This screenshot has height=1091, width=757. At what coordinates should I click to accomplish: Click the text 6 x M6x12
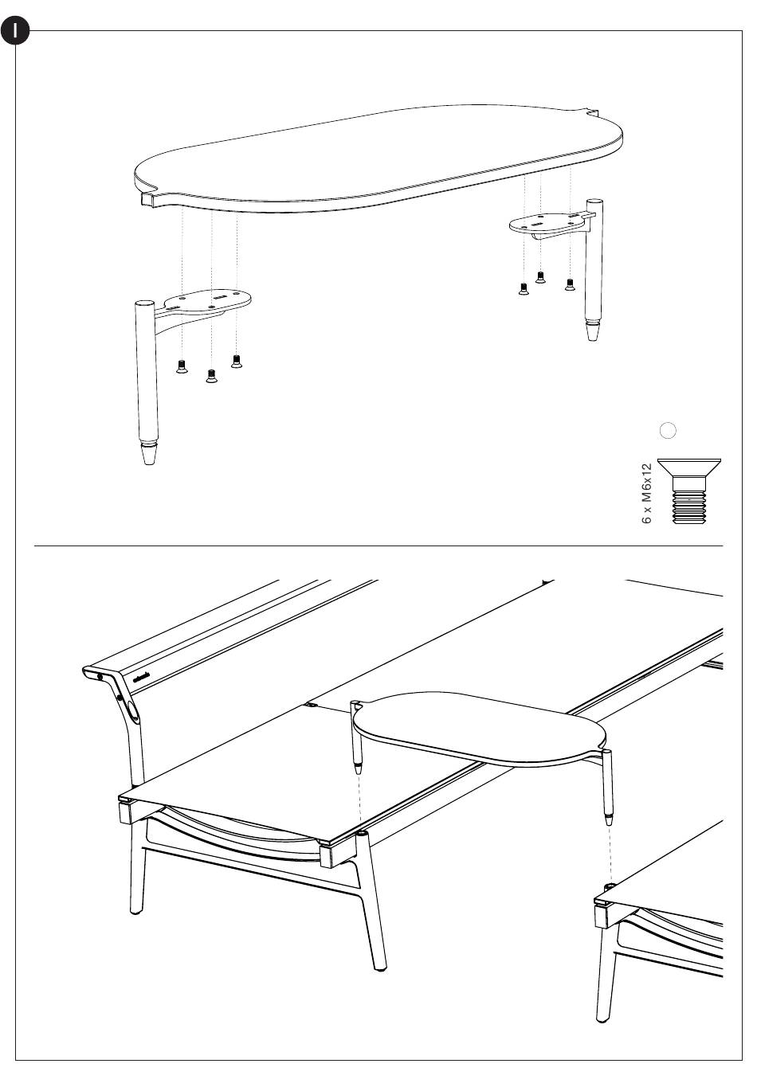tap(647, 492)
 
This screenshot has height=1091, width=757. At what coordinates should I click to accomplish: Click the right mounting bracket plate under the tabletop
tap(550, 222)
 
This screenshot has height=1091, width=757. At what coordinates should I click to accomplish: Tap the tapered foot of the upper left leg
tap(148, 455)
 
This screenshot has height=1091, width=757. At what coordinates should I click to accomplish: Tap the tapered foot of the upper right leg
tap(592, 331)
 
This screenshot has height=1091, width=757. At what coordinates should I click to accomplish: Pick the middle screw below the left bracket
tap(210, 376)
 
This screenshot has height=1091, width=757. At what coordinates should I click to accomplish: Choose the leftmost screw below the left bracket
tap(182, 367)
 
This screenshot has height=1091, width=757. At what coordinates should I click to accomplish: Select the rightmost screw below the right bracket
tap(570, 284)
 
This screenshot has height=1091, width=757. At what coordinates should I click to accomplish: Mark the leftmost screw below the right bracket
tap(523, 289)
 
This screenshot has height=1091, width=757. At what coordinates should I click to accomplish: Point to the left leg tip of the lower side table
tap(359, 769)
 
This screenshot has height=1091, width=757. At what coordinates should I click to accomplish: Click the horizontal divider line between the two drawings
tap(378, 546)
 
